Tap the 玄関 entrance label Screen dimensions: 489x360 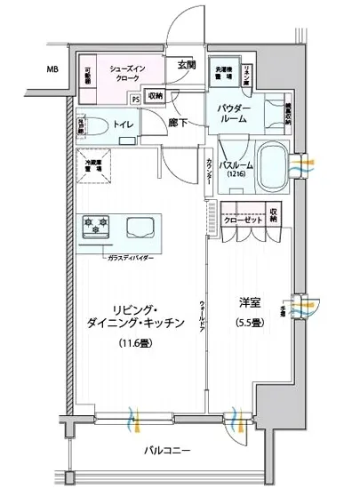[x=187, y=64]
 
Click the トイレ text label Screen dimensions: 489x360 [x=124, y=125]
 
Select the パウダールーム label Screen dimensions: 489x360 [x=236, y=114]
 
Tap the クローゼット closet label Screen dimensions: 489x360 [x=242, y=219]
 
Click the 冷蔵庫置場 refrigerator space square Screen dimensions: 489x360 [x=93, y=166]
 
